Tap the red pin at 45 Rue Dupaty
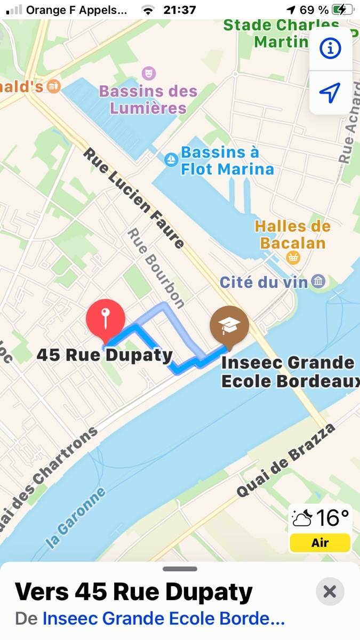(x=106, y=319)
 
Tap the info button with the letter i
(x=330, y=49)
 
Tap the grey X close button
(x=330, y=591)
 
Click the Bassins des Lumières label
(x=148, y=99)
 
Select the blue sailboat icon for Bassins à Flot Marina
(x=171, y=159)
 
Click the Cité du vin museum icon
(x=318, y=281)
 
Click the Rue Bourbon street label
(x=156, y=268)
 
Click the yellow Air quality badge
(x=320, y=543)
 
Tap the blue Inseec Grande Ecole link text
(x=163, y=619)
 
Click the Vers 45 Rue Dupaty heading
(x=133, y=591)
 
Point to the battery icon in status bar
(x=342, y=10)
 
